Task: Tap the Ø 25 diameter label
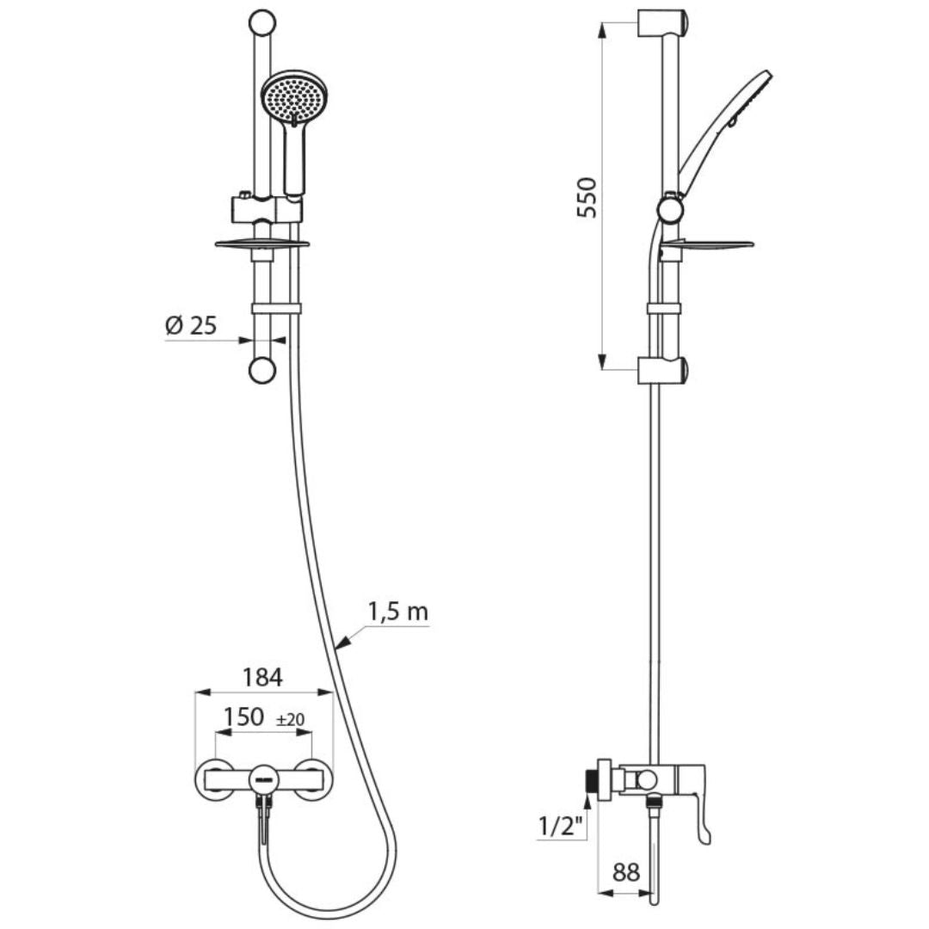pyautogui.click(x=190, y=326)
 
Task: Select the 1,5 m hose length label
pyautogui.click(x=397, y=612)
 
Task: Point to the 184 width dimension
pyautogui.click(x=261, y=677)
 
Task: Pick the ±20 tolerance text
pyautogui.click(x=291, y=719)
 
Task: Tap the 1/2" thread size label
pyautogui.click(x=560, y=826)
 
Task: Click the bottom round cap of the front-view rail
pyautogui.click(x=261, y=371)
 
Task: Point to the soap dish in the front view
pyautogui.click(x=261, y=244)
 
